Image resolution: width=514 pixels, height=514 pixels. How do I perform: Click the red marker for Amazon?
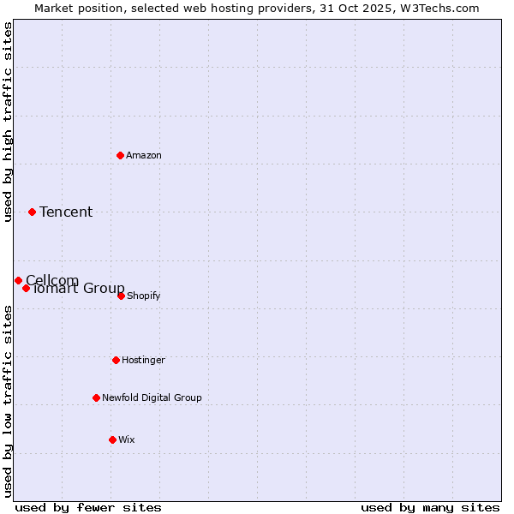click(x=120, y=155)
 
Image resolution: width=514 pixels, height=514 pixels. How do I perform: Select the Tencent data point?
click(x=32, y=212)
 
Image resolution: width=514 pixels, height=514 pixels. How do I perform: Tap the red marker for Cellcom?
click(x=18, y=280)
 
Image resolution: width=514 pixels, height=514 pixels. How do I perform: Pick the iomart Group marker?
click(x=26, y=288)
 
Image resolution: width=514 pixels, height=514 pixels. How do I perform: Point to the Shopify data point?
click(x=121, y=296)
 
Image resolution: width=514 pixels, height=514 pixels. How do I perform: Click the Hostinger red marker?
click(x=116, y=360)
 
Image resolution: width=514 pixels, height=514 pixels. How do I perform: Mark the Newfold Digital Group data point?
click(x=96, y=397)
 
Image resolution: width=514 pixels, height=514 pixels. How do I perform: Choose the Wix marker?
click(x=112, y=439)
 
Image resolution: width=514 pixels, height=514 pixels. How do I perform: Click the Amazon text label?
click(x=144, y=155)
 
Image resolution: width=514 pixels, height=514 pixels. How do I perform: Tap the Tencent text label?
click(x=66, y=212)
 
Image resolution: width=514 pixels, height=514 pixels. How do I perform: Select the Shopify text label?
click(x=144, y=296)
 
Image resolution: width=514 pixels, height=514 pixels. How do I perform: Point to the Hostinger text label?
click(x=143, y=360)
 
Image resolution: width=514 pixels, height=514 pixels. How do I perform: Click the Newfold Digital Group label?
click(x=152, y=397)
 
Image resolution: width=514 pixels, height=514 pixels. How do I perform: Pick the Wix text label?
click(x=127, y=439)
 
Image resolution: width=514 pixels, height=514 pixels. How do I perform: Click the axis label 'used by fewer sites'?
click(x=88, y=507)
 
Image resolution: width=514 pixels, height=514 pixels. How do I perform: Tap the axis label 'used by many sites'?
click(x=430, y=507)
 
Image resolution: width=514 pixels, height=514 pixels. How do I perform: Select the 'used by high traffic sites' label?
click(x=8, y=122)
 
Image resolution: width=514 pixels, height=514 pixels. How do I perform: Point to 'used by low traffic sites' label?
click(x=8, y=400)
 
